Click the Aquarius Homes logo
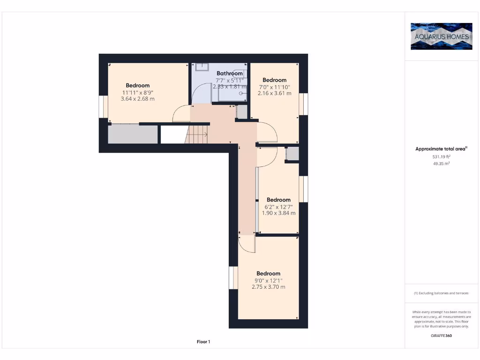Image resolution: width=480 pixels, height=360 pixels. pos(441,36)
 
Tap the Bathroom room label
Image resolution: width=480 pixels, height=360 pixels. pos(230,74)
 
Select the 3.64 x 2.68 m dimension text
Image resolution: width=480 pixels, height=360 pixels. pos(138,99)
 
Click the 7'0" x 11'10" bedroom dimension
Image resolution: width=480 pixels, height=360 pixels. pos(274,87)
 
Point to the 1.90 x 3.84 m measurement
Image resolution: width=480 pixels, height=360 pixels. pos(278,213)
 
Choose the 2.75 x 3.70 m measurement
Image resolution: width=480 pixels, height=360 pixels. pos(268,287)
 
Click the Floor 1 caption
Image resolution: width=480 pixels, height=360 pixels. pos(203,342)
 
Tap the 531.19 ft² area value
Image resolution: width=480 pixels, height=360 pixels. pos(441,157)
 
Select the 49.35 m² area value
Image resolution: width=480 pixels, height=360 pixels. pos(441,164)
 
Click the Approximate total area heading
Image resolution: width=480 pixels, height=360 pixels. pos(441,149)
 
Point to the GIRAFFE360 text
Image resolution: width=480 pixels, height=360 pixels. pos(441,336)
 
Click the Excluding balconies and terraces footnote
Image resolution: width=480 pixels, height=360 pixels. pos(441,293)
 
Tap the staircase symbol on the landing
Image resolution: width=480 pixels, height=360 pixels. pos(198,135)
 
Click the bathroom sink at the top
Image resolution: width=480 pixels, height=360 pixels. pos(202,67)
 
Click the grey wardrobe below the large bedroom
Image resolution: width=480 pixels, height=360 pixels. pos(133,135)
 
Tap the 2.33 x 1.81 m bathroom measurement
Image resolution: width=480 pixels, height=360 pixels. pos(230,87)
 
